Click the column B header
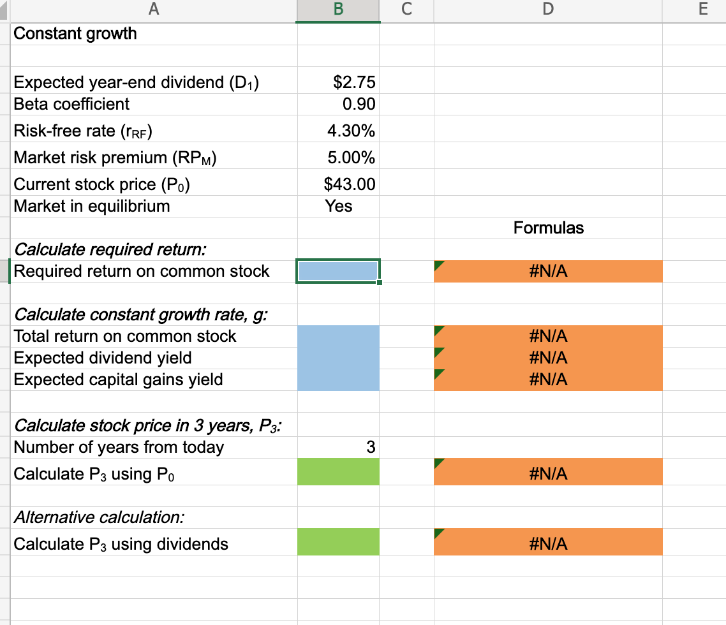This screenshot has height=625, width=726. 338,11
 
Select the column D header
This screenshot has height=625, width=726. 548,11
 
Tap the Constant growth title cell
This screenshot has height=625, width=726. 75,34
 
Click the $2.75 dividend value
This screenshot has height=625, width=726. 355,82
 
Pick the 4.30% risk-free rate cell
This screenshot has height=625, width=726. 351,131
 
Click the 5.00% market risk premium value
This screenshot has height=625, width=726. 351,158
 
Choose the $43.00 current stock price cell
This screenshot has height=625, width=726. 350,184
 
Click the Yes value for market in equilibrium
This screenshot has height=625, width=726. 339,206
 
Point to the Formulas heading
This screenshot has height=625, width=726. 548,228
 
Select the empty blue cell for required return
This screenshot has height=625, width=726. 338,271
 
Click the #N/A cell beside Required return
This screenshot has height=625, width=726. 548,272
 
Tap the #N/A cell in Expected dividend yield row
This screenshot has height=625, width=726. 548,358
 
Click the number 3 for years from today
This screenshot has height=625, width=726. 371,447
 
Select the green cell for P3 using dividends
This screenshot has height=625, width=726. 338,544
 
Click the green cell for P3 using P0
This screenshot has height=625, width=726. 338,474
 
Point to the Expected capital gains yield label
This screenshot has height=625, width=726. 119,379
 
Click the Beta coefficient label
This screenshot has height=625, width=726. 71,104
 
